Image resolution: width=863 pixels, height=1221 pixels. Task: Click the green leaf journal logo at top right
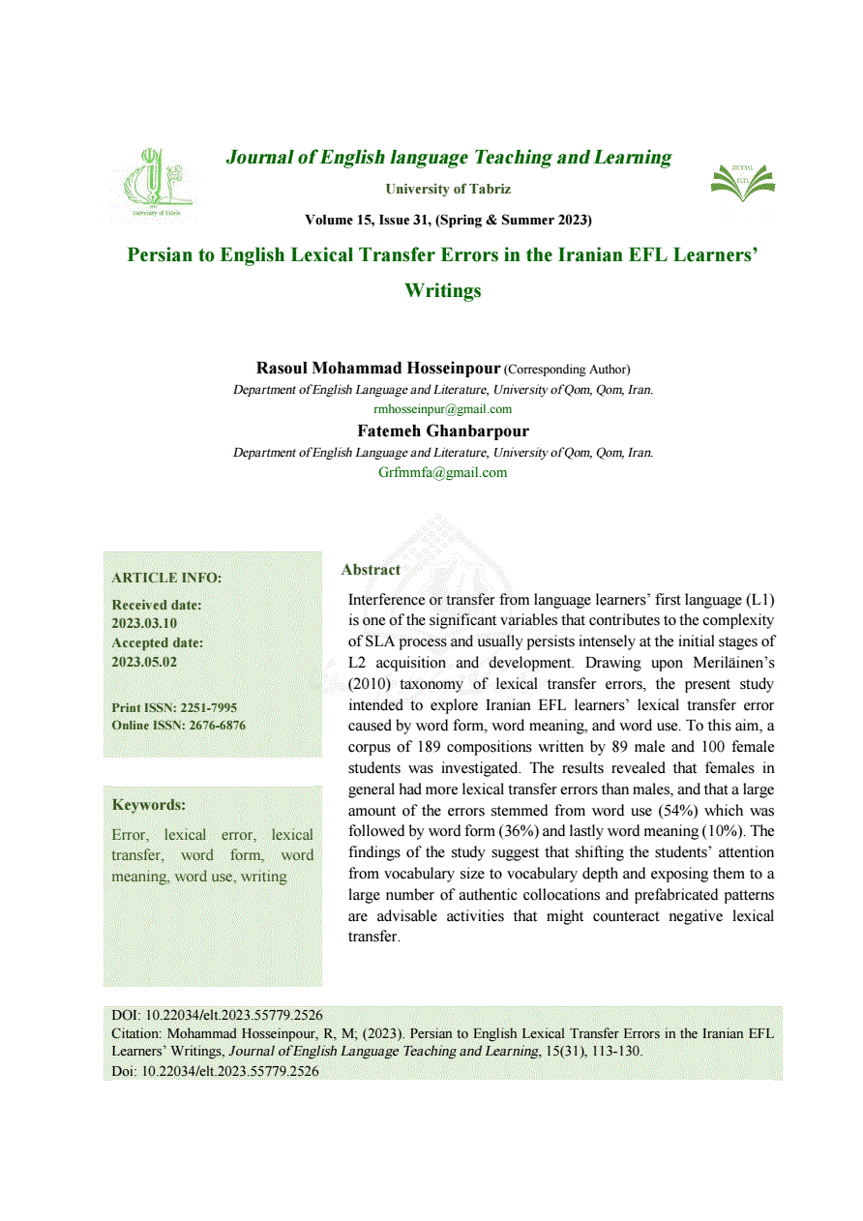coord(742,184)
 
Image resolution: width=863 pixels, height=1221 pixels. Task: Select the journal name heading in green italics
coord(448,157)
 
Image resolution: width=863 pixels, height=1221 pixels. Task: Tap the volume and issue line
coord(448,220)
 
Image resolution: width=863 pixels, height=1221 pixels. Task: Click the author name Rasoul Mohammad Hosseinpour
coord(377,369)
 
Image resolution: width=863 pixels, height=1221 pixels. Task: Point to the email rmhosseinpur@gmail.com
coord(442,409)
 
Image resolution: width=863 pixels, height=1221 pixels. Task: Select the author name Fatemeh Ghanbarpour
coord(443,432)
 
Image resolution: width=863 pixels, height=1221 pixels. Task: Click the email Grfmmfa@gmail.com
coord(442,472)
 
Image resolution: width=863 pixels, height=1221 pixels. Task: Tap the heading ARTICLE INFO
coord(166,578)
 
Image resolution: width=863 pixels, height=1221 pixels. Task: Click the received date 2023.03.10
coord(144,623)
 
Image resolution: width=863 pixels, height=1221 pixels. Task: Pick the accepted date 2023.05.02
coord(144,662)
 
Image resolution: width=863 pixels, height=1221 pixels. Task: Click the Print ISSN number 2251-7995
coord(208,708)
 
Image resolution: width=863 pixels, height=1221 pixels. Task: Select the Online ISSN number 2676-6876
coord(212,726)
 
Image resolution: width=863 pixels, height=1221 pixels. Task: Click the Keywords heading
coord(148,805)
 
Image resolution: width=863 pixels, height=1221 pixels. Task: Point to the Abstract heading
coord(371,570)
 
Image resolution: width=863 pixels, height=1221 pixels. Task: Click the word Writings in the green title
coord(443,290)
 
